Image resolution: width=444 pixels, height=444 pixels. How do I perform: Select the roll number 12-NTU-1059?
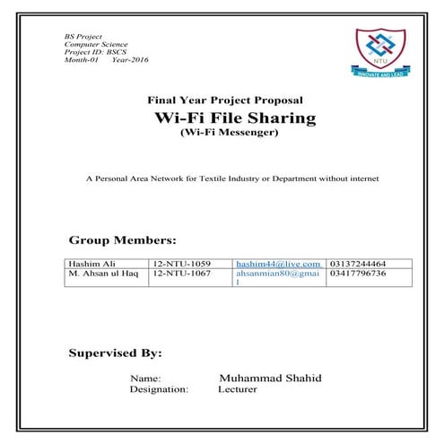[182, 264]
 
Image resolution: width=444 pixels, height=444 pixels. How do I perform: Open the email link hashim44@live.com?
[278, 264]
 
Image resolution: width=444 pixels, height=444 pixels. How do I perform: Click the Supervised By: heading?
[115, 353]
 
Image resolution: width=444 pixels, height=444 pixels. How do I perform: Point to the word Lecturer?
[237, 390]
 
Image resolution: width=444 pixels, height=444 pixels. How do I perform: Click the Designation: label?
[159, 390]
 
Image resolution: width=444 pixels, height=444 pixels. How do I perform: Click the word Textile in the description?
[223, 178]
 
